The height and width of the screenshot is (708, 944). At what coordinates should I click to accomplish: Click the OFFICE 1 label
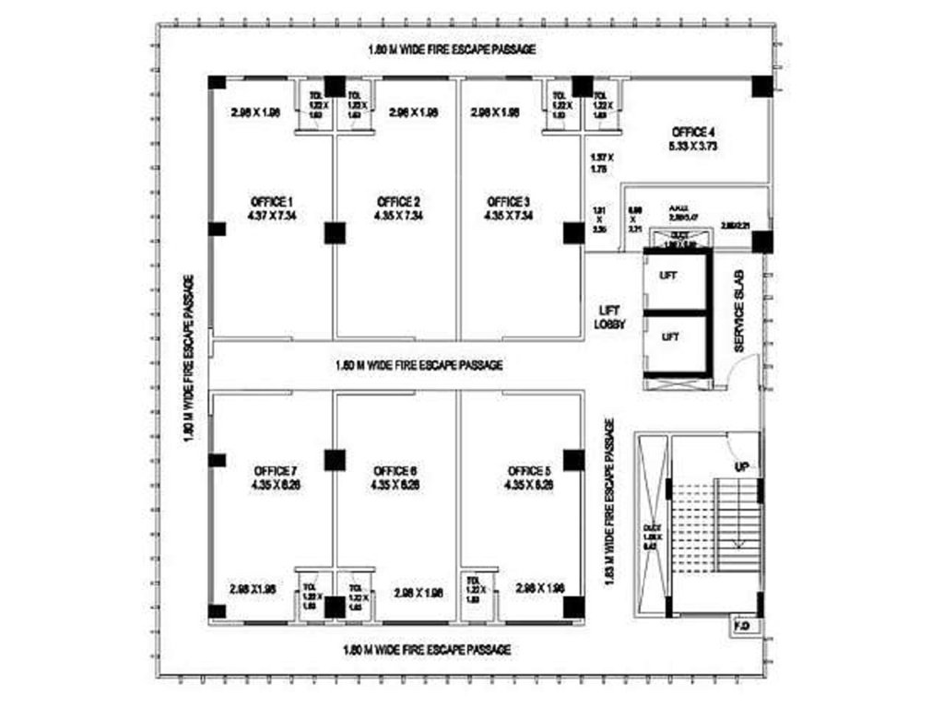click(271, 202)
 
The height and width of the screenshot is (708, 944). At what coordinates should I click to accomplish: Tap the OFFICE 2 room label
click(398, 202)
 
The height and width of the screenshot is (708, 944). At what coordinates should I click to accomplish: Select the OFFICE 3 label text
click(509, 202)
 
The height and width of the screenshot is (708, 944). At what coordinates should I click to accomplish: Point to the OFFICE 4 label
click(693, 132)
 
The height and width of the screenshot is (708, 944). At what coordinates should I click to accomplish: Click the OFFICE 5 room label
click(529, 470)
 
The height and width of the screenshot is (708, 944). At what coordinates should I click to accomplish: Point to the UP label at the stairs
click(741, 467)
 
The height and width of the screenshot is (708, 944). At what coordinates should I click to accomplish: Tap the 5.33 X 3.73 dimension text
click(693, 146)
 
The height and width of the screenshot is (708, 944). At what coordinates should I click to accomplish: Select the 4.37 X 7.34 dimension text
click(271, 216)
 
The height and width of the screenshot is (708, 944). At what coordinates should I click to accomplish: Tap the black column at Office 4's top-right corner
click(761, 86)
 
